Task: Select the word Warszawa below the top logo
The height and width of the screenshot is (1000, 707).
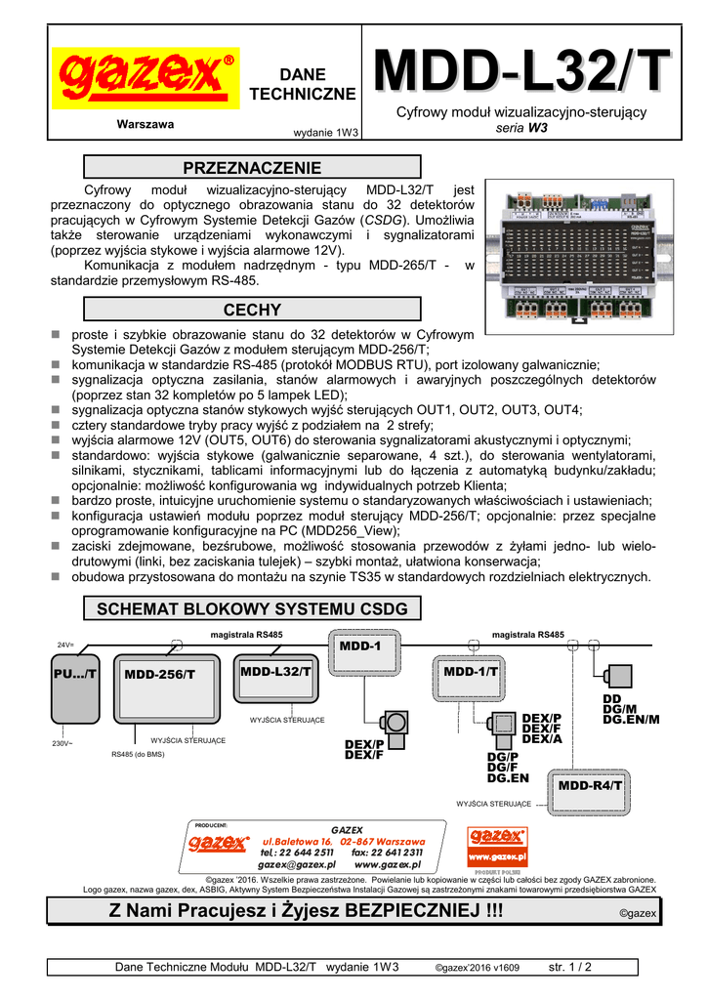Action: (145, 124)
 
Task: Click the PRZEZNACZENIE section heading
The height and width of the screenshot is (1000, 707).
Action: (252, 167)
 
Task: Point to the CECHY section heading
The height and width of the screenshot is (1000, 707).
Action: (252, 310)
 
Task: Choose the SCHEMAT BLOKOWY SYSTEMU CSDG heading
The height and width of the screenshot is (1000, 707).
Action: (252, 609)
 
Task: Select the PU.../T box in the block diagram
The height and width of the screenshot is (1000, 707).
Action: (75, 675)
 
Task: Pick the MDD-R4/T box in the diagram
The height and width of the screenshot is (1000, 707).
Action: (591, 785)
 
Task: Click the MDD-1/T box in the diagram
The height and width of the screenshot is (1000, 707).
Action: (470, 672)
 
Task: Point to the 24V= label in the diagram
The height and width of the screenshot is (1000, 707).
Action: (65, 646)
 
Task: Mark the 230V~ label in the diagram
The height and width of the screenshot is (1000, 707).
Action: (64, 744)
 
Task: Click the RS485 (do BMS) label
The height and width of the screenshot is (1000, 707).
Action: (139, 754)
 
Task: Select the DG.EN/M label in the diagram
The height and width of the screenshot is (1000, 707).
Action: (631, 720)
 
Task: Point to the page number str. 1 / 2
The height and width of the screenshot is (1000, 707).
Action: (570, 967)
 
